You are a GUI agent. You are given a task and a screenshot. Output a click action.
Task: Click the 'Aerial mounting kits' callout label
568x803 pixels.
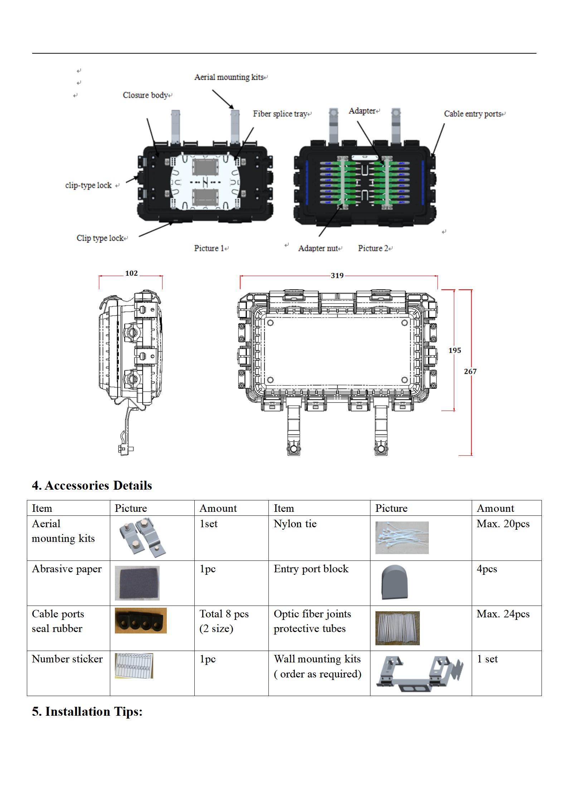(x=229, y=77)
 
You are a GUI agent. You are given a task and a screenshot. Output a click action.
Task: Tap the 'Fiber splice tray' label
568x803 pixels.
(x=280, y=114)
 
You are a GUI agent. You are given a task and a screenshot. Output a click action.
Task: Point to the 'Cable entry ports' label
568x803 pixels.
(x=472, y=114)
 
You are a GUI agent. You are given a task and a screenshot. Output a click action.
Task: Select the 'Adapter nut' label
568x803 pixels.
(x=318, y=248)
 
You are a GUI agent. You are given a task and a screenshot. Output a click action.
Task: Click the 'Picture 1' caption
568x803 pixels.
(x=209, y=248)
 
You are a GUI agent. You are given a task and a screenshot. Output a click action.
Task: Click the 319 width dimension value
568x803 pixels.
(x=337, y=275)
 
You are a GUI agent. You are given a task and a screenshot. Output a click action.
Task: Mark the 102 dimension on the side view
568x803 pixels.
(x=131, y=273)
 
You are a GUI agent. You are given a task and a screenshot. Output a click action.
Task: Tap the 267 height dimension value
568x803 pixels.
(x=470, y=371)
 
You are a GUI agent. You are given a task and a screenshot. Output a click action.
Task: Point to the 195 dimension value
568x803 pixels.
(x=455, y=350)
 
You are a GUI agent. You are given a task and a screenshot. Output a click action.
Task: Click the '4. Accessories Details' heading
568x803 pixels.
(x=92, y=485)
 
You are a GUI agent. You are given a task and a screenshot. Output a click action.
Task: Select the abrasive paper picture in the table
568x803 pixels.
(x=137, y=583)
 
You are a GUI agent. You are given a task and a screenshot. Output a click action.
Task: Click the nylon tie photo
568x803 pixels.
(x=402, y=538)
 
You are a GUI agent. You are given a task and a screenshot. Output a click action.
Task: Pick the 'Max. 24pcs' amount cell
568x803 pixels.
(x=503, y=614)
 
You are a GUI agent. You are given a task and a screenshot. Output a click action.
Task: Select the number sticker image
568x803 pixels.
(x=134, y=665)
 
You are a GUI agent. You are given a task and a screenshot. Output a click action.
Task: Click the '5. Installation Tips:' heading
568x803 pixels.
(x=87, y=711)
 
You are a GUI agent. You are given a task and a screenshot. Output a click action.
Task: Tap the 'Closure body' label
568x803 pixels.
(x=145, y=95)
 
